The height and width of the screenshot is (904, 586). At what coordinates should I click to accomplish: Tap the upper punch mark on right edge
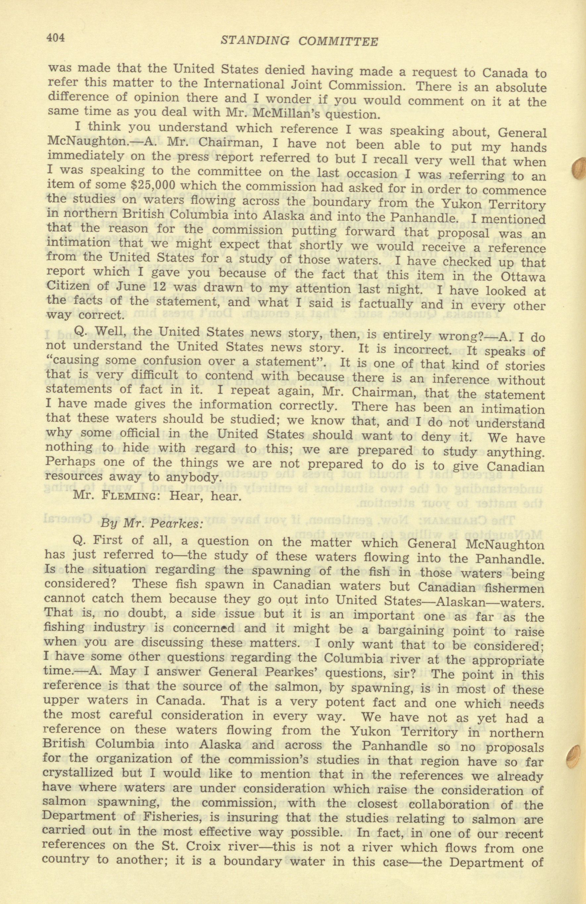coord(579,168)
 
